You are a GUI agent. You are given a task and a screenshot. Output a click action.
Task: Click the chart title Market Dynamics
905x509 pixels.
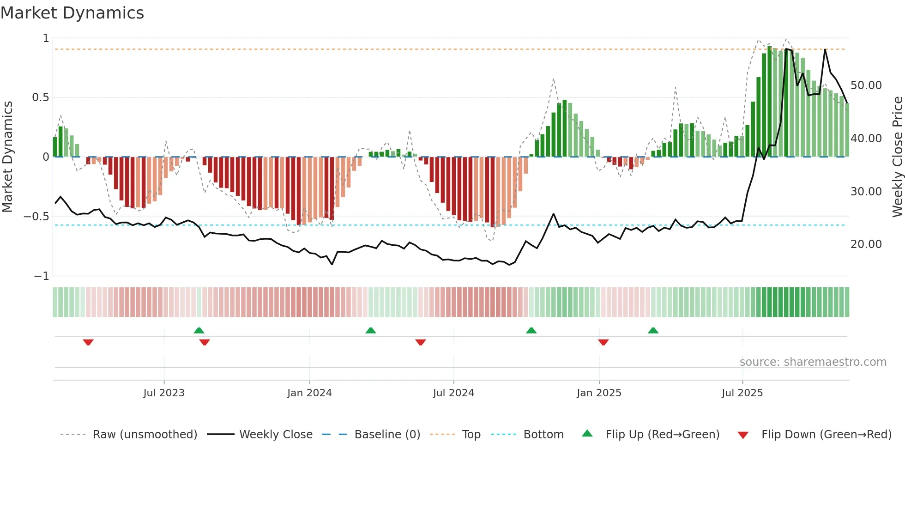(x=72, y=13)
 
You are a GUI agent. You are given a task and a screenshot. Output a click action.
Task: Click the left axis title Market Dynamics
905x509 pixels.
(x=7, y=157)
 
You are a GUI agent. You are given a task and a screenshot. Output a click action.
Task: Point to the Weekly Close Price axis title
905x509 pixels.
(x=897, y=157)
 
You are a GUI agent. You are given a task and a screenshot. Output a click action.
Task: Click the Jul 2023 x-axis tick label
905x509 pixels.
(x=164, y=393)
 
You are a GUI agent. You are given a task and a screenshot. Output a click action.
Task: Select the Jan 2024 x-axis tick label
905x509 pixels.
(x=309, y=393)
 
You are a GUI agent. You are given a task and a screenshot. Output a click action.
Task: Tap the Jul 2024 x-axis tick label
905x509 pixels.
(x=453, y=393)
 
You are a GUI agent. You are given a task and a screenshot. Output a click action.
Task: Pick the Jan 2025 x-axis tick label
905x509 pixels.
(x=599, y=393)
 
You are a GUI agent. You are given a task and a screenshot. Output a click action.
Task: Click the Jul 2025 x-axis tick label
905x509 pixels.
(x=742, y=393)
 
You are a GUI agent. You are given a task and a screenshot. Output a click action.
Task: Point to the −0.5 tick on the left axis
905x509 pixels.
(x=36, y=217)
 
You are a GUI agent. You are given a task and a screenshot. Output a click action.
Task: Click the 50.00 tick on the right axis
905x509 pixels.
(x=866, y=85)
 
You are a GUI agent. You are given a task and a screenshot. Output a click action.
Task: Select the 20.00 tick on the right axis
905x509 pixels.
(x=866, y=244)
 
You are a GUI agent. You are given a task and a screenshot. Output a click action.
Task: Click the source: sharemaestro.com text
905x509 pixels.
(x=813, y=362)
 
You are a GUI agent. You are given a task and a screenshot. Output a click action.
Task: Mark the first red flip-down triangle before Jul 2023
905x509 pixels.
(x=88, y=342)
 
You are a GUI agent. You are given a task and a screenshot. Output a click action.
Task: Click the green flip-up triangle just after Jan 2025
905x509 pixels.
(x=653, y=330)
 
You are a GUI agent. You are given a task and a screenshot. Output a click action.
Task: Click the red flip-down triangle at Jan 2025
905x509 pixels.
(x=603, y=342)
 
